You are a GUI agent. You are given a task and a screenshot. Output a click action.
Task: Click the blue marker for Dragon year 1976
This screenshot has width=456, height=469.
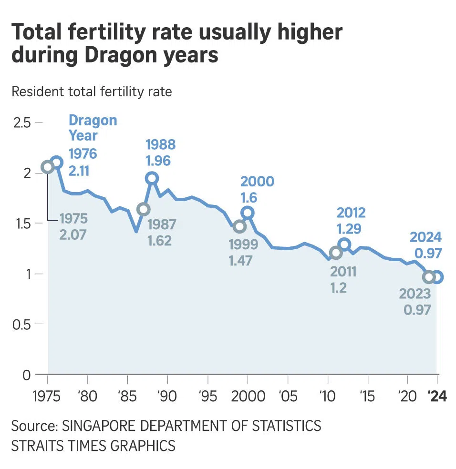56,163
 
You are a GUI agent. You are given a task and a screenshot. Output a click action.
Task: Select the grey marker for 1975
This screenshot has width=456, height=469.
47,167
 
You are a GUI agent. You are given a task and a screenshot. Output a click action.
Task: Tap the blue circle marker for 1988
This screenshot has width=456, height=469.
152,178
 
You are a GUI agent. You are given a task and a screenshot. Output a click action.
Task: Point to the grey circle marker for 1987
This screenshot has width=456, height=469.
144,209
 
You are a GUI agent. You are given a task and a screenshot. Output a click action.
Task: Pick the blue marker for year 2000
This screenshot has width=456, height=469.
248,213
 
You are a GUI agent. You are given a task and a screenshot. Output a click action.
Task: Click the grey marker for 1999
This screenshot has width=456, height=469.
240,226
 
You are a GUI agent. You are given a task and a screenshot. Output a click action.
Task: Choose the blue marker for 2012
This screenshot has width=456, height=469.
344,245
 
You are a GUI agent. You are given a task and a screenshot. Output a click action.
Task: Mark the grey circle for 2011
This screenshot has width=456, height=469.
336,253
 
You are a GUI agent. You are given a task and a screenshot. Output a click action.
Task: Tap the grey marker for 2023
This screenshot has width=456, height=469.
429,277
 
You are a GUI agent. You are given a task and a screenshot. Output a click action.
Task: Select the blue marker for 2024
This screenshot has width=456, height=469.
437,277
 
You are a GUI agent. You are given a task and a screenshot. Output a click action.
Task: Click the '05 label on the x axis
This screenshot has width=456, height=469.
288,397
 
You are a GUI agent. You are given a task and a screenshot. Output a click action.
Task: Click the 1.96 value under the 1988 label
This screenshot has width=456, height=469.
158,161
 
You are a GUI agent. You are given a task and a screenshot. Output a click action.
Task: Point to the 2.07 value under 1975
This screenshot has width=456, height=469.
73,234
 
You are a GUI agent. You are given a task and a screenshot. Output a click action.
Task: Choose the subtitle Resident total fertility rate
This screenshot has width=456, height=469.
92,91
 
